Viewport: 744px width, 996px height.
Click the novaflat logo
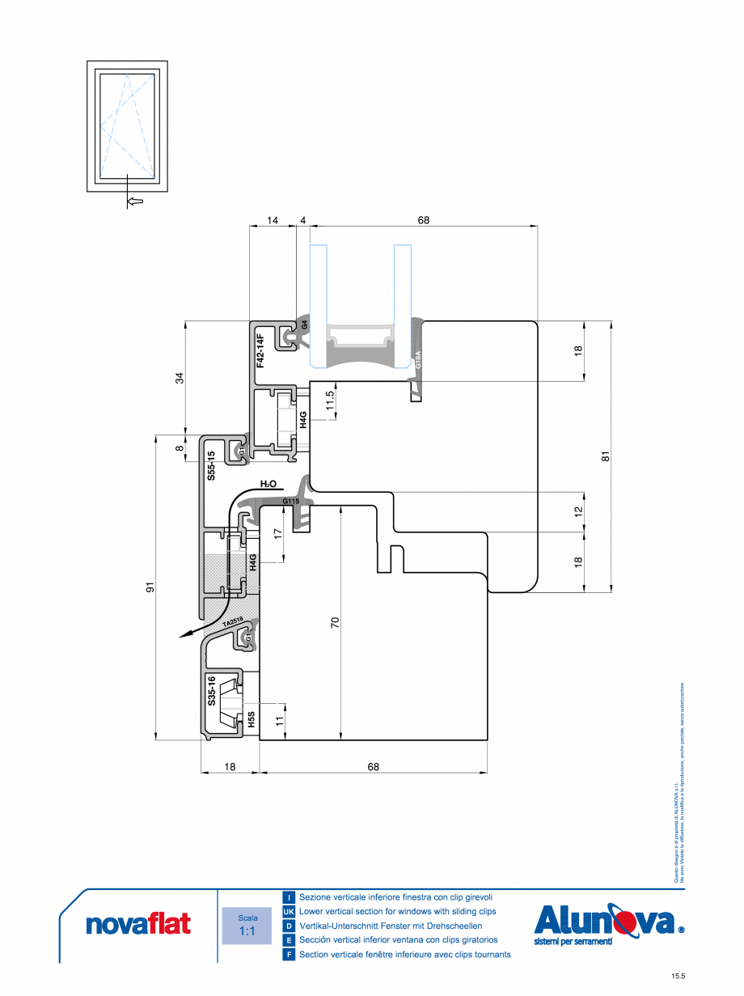[138, 923]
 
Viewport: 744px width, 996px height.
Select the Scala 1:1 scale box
[247, 925]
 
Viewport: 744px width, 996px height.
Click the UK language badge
[289, 912]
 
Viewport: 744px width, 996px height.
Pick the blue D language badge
[289, 926]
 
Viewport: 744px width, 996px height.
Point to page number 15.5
[678, 977]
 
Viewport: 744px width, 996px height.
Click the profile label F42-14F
[260, 350]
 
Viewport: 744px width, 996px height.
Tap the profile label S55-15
[210, 466]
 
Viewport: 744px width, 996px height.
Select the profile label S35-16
[210, 691]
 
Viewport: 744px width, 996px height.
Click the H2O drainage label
[268, 484]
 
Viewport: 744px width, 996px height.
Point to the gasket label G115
[291, 502]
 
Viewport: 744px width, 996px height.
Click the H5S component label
[252, 719]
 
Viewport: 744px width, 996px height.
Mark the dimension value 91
[150, 588]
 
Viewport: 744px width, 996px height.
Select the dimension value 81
[606, 456]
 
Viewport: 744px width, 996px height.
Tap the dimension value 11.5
[329, 401]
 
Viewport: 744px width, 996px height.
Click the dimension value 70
[335, 622]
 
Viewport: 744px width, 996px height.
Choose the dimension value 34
[180, 377]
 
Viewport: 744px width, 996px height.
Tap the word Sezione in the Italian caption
[315, 897]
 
